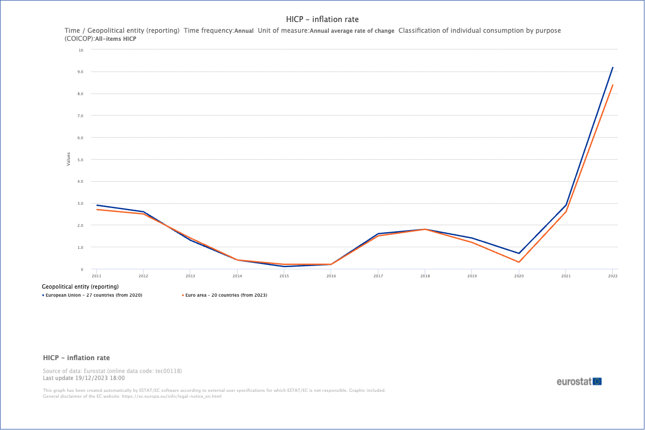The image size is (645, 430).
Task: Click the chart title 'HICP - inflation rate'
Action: point(322,19)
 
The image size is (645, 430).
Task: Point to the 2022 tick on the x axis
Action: point(612,276)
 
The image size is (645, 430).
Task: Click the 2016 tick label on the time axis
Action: point(331,276)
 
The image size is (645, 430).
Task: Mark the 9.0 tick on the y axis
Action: point(80,71)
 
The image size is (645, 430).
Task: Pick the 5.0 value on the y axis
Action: point(80,160)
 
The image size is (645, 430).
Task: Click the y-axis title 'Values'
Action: point(68,159)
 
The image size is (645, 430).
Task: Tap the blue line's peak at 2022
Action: point(613,67)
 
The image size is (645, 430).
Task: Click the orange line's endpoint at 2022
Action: point(613,85)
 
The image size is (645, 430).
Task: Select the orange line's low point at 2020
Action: point(519,262)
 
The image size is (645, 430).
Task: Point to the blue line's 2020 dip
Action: point(519,253)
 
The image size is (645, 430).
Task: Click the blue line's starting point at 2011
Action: point(96,205)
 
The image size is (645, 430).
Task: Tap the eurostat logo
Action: point(579,382)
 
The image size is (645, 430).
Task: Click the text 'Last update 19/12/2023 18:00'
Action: point(83,378)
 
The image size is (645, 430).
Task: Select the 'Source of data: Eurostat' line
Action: point(116,371)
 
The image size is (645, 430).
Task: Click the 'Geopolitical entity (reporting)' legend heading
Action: point(80,286)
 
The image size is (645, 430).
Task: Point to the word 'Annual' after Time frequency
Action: point(244,31)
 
